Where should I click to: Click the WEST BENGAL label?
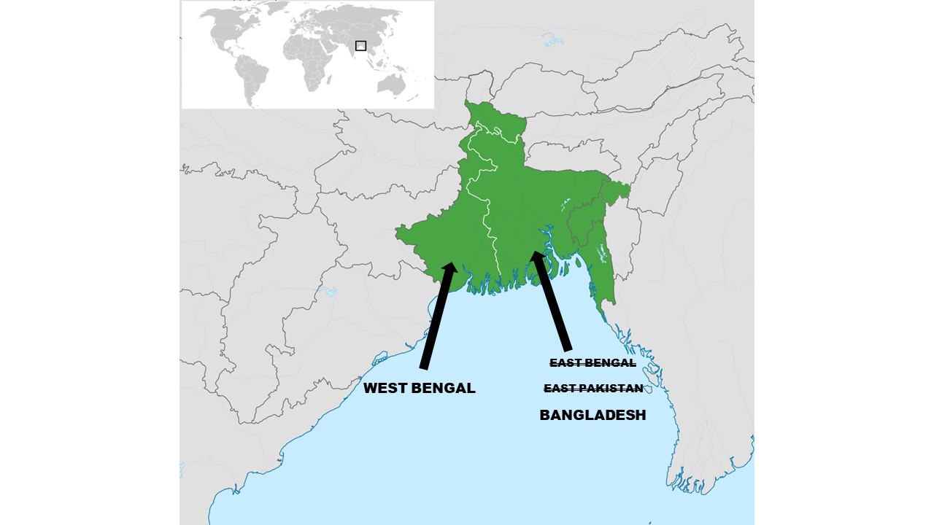coord(419,388)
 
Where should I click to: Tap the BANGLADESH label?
coord(593,415)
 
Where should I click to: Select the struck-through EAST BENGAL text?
coord(593,362)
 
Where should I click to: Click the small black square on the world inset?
coord(360,45)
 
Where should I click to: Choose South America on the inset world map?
coord(252,77)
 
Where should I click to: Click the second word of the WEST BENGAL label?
coord(443,388)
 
